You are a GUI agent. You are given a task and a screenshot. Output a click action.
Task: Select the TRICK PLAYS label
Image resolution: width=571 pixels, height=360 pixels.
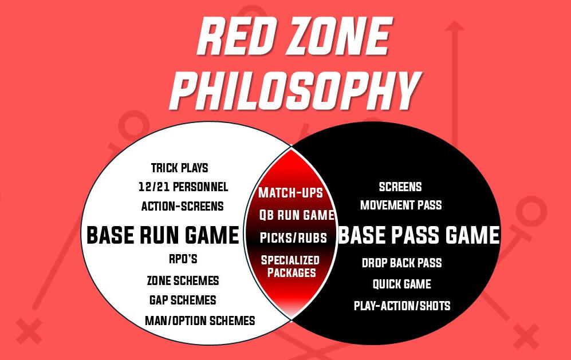[179, 168]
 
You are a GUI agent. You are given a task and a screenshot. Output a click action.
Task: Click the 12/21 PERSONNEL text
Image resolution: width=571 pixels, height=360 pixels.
[183, 187]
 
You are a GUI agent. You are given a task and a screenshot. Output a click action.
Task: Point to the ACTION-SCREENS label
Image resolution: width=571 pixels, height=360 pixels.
[182, 207]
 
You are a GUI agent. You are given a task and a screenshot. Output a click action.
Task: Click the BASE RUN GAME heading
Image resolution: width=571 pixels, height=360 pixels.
[163, 235]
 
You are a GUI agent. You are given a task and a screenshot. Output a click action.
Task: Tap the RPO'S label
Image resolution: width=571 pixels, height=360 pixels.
[183, 259]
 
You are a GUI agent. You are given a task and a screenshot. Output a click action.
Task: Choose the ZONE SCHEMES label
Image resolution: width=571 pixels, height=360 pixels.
[183, 280]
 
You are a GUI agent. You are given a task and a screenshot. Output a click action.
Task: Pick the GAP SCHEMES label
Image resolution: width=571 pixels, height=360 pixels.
[183, 300]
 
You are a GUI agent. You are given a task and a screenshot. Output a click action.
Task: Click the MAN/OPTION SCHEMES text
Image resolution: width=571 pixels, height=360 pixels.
[200, 321]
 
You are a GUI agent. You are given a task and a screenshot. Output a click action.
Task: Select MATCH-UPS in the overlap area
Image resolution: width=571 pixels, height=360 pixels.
[290, 192]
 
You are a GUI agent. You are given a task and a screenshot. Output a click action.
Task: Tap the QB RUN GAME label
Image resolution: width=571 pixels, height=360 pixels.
[297, 215]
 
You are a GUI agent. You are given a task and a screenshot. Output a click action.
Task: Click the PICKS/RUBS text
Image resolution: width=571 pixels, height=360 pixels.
[293, 238]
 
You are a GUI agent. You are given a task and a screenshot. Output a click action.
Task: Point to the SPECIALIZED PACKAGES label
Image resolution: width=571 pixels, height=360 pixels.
[290, 266]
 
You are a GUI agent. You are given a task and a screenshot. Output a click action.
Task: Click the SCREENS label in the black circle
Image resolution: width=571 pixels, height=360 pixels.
[400, 187]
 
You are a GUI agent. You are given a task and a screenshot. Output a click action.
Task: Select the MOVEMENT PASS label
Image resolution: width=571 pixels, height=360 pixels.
[401, 205]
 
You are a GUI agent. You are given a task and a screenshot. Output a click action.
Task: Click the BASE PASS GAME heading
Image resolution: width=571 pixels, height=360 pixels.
[419, 235]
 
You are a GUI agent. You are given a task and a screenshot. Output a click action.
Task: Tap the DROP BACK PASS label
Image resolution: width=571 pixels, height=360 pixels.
[401, 263]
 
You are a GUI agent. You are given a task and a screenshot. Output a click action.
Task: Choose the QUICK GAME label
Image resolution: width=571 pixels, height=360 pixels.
[401, 284]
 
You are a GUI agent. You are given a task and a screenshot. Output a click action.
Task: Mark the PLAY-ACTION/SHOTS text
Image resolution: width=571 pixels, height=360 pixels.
[402, 306]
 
